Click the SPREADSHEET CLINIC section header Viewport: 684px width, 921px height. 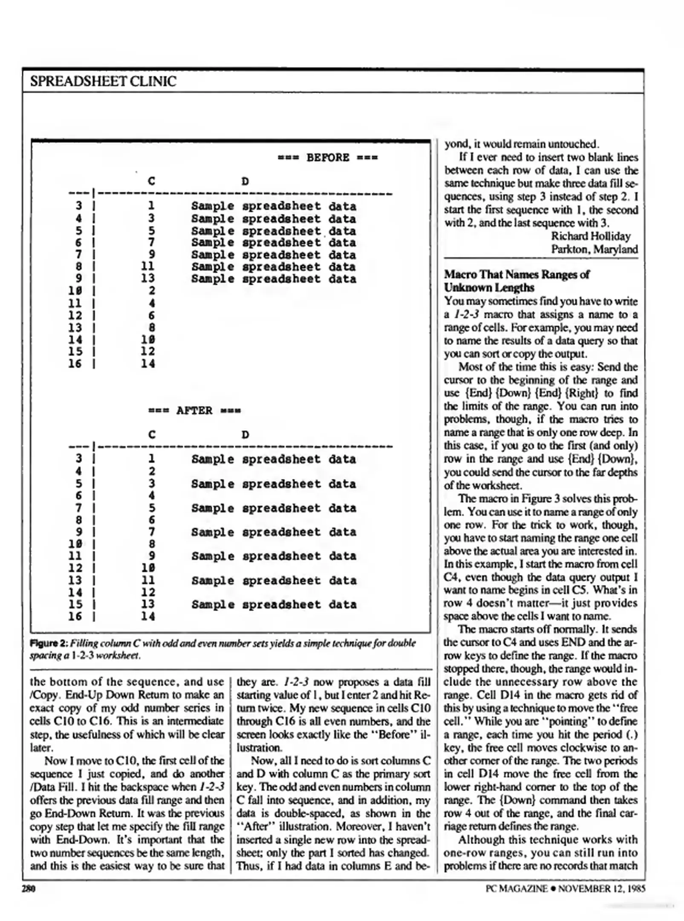tap(103, 81)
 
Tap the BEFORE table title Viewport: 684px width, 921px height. tap(327, 157)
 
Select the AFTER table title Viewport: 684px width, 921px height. tap(194, 410)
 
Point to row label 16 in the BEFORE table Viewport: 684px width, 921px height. tap(75, 364)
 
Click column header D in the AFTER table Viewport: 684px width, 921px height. tap(245, 434)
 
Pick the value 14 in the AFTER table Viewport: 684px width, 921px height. tap(148, 616)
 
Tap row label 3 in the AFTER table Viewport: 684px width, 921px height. tap(78, 459)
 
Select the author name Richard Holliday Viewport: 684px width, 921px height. tap(590, 236)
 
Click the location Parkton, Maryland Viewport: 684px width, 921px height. tap(594, 249)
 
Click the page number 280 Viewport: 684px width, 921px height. tap(29, 888)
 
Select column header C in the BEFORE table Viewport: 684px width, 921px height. tap(151, 181)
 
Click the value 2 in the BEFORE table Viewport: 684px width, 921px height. tap(151, 291)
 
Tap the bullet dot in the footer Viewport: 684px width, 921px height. tap(553, 888)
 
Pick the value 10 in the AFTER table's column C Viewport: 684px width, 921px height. tap(148, 568)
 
